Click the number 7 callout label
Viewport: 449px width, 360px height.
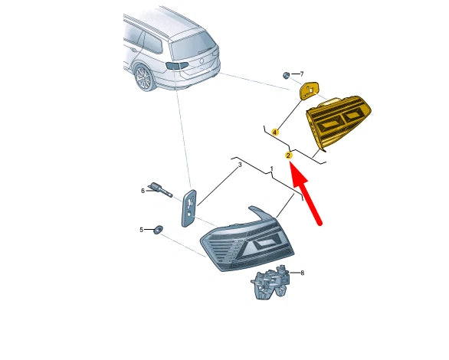tap(302, 74)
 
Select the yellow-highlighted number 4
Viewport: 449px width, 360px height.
tap(275, 133)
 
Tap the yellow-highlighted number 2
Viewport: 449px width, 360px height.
tap(288, 155)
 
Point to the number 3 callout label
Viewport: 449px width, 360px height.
tap(240, 165)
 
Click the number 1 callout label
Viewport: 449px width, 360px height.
tap(272, 169)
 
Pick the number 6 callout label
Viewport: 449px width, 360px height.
tap(143, 191)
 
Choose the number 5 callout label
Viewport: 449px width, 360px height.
tap(141, 230)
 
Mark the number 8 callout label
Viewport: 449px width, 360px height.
tap(302, 273)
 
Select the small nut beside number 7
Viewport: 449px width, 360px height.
tap(286, 75)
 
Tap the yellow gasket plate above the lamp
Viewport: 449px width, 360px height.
tap(309, 90)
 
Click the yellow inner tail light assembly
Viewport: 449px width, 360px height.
tap(339, 122)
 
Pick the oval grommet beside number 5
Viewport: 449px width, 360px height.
tap(158, 230)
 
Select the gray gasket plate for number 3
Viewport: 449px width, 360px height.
tap(189, 208)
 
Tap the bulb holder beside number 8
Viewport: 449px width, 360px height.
tap(271, 282)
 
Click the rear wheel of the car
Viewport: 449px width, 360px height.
tap(145, 77)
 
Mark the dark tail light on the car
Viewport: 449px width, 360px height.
tap(176, 66)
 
